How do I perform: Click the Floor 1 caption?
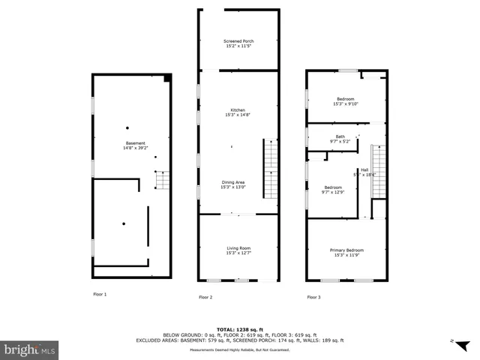coord(100,295)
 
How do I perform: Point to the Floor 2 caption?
coord(205,298)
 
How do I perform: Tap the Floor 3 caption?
coord(313,298)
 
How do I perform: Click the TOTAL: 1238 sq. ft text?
coord(239,329)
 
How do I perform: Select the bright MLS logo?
coord(30,349)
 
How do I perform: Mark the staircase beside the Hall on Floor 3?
coord(379,173)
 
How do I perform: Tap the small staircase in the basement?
coord(162,180)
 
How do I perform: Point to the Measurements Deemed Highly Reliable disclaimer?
coord(239,349)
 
